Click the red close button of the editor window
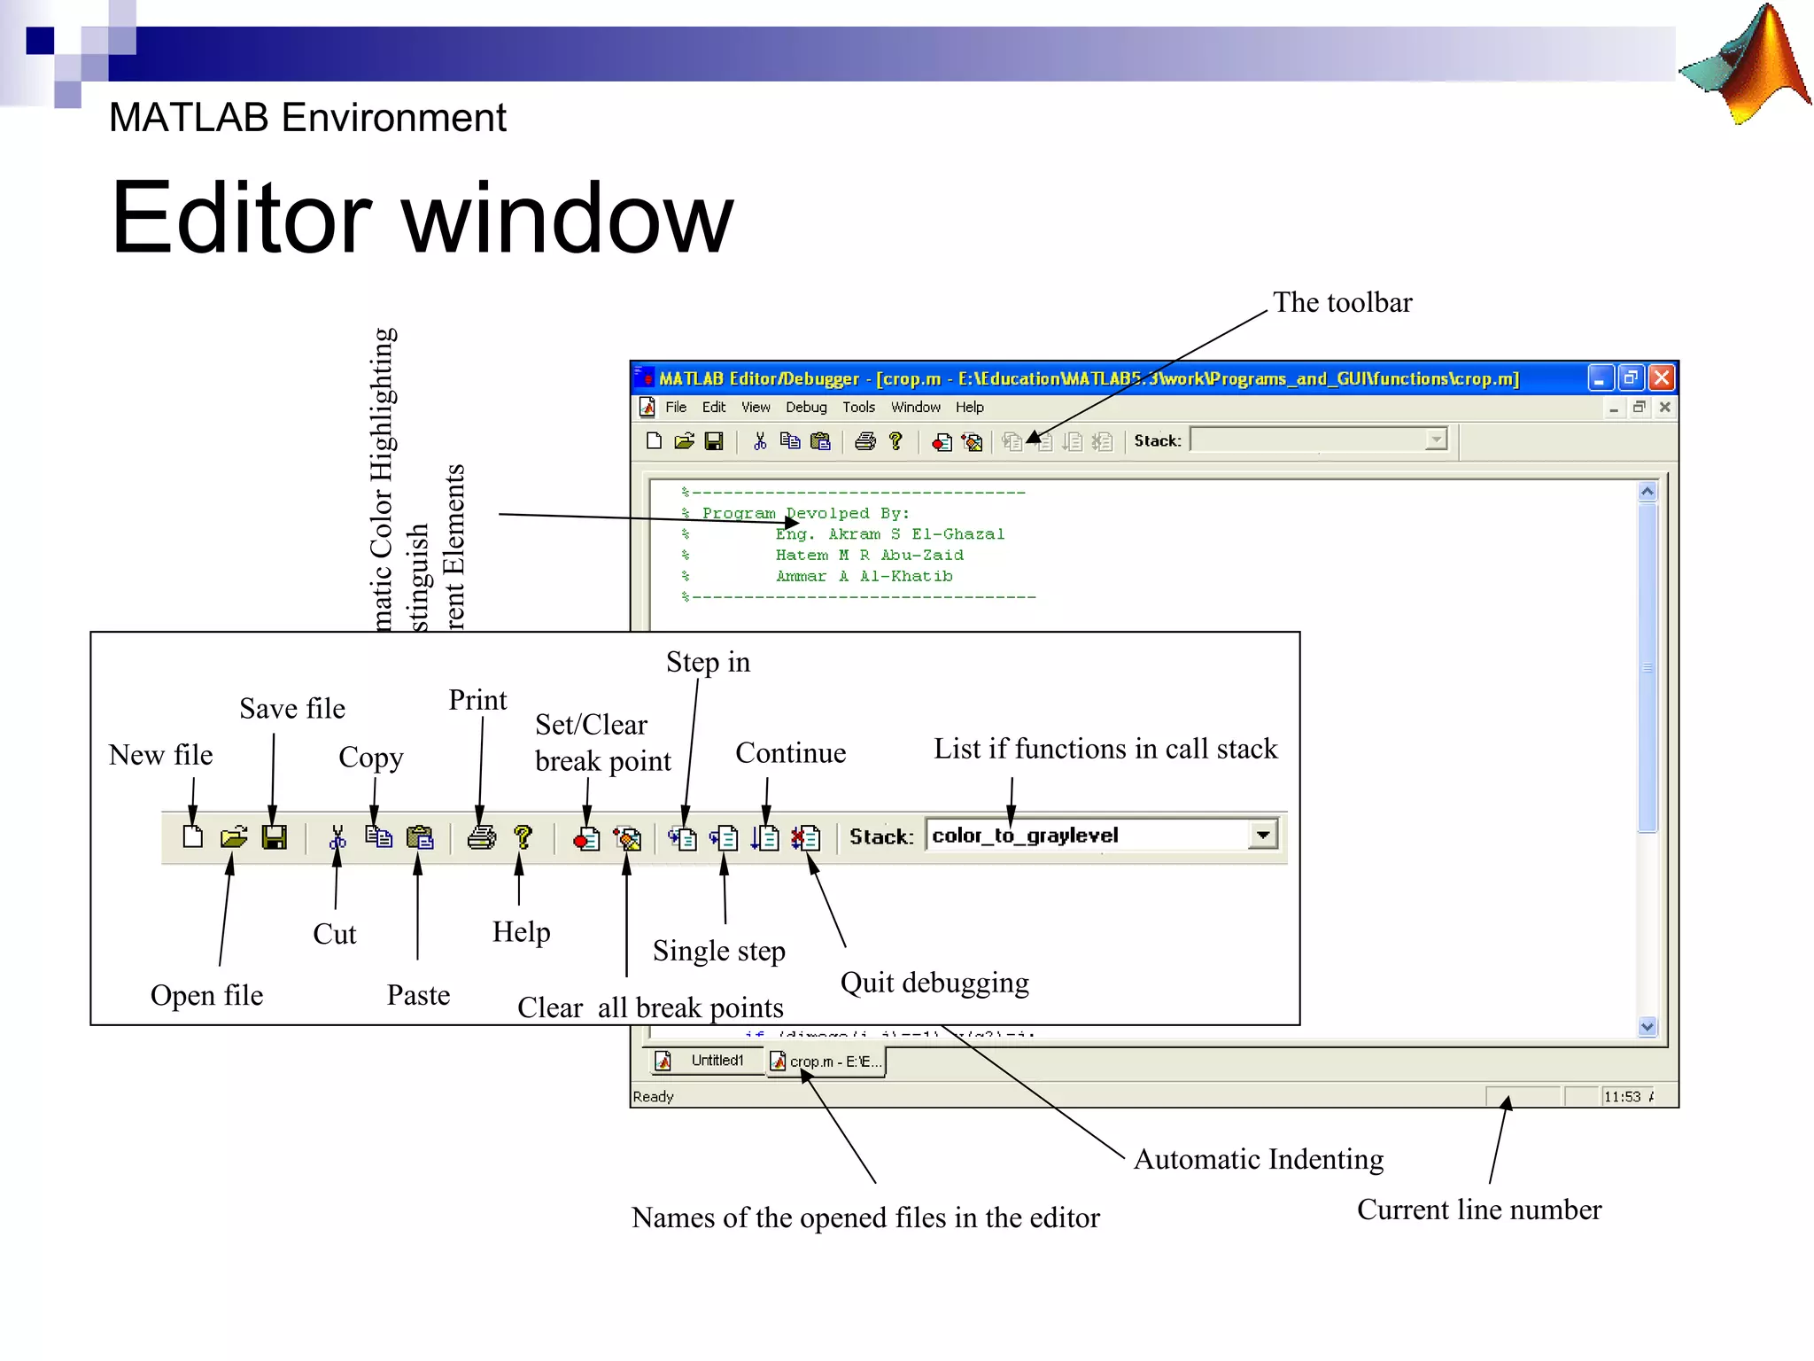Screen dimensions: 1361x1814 (x=1662, y=378)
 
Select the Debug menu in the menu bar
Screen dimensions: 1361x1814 (x=805, y=408)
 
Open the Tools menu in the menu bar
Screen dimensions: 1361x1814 (x=857, y=408)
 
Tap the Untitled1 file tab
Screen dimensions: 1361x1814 (x=716, y=1061)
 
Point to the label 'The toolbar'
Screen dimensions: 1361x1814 (x=1342, y=303)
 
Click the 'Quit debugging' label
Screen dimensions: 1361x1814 (x=934, y=983)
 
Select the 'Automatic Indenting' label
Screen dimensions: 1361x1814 (x=1258, y=1159)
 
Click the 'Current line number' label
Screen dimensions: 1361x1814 (x=1478, y=1209)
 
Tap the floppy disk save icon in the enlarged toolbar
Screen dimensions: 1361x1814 (x=275, y=836)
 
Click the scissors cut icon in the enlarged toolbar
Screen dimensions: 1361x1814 (x=337, y=837)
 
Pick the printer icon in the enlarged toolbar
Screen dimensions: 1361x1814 (x=481, y=836)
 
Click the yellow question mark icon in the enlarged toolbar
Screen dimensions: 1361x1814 (x=523, y=836)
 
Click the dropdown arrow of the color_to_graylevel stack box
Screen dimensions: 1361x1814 (x=1263, y=835)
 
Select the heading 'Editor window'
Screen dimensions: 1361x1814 (x=422, y=218)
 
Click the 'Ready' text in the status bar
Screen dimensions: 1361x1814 (x=653, y=1097)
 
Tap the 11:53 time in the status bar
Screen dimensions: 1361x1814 (x=1622, y=1097)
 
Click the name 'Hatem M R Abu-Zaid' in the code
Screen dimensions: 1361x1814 (x=869, y=556)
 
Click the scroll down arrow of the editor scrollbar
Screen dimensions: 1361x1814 (x=1647, y=1027)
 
